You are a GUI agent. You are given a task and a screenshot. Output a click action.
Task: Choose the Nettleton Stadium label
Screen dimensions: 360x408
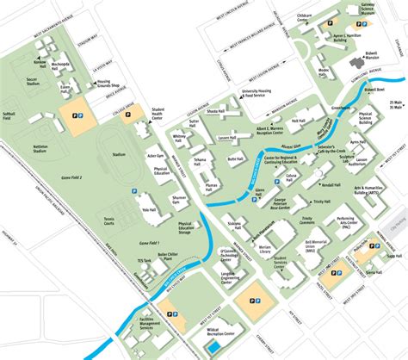click(40, 149)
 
